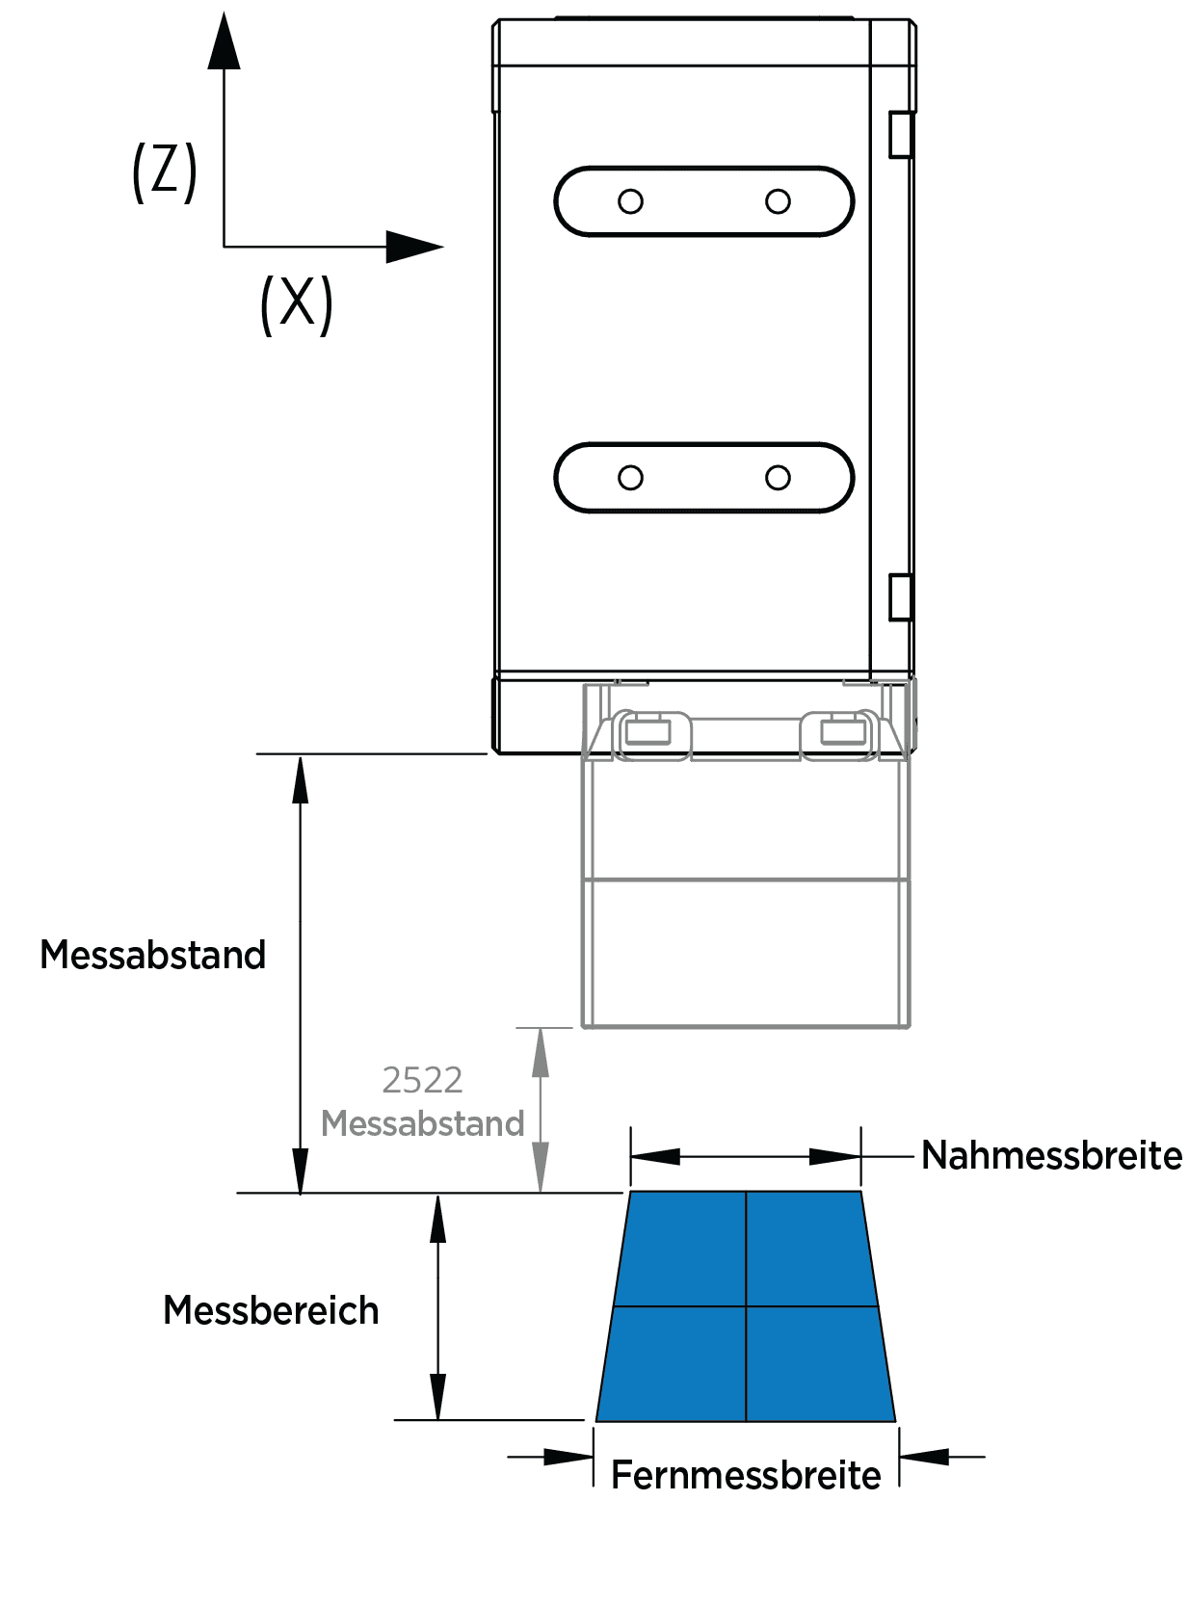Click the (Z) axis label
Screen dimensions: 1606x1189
[165, 171]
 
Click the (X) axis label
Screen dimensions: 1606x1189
[296, 304]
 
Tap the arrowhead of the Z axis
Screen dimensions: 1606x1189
[224, 43]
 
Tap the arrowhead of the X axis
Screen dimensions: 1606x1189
[414, 247]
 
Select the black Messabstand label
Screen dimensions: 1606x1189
[152, 955]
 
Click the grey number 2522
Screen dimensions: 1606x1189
[422, 1080]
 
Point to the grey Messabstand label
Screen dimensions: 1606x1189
[422, 1123]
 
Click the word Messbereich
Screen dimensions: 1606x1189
[271, 1310]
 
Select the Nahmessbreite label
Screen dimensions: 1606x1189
[1051, 1155]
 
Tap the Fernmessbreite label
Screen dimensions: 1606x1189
[746, 1475]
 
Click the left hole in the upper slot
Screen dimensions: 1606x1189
[630, 201]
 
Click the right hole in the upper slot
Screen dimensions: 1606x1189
[778, 201]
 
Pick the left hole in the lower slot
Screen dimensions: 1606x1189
[630, 478]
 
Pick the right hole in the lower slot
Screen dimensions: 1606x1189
[778, 478]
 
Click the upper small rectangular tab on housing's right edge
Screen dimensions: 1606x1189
[900, 134]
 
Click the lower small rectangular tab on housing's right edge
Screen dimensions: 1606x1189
[900, 596]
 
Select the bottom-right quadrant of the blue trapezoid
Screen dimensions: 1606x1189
[817, 1363]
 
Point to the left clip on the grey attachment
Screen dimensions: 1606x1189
[648, 733]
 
